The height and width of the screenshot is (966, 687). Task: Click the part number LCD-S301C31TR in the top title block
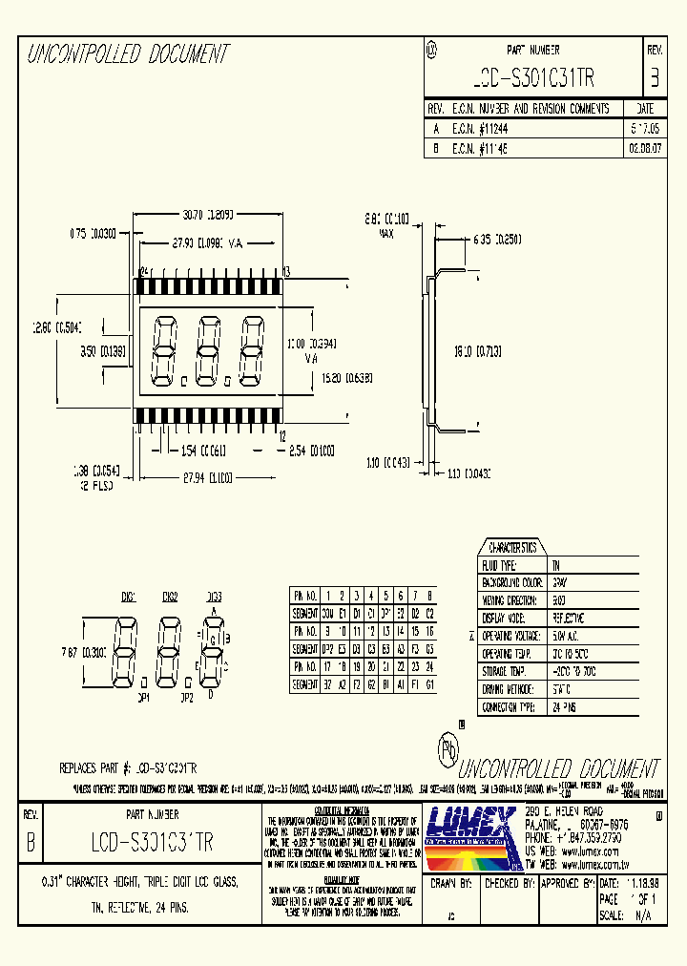click(533, 77)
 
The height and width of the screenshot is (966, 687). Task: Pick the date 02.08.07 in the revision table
click(643, 149)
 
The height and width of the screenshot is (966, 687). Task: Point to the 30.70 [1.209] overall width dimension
click(208, 216)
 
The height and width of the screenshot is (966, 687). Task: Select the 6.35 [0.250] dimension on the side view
click(497, 239)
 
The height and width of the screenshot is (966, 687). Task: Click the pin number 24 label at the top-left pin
click(144, 272)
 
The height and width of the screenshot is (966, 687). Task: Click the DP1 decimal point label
click(143, 697)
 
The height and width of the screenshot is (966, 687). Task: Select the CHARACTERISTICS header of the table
click(513, 548)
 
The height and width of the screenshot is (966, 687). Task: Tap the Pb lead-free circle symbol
click(447, 748)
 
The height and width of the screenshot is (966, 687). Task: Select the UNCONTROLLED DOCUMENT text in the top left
click(127, 54)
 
